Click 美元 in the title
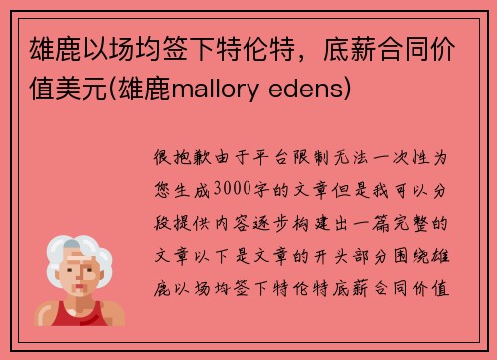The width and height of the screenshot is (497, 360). [x=109, y=90]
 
